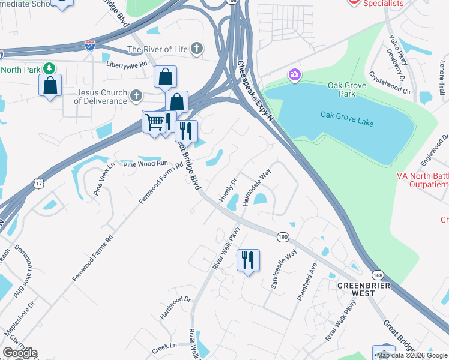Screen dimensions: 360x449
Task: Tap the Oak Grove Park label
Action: point(347,90)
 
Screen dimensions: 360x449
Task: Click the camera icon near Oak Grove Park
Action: point(294,75)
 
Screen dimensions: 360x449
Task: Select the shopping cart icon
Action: point(154,122)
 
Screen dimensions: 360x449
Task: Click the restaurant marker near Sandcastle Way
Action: point(248,260)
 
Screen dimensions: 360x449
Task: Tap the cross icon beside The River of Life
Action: point(197,49)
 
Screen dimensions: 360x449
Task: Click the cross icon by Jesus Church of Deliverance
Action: point(136,95)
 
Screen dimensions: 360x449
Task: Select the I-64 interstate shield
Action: point(89,46)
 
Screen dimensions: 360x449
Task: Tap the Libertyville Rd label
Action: point(127,64)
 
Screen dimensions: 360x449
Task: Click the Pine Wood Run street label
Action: point(145,163)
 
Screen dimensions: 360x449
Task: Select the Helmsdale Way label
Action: point(258,189)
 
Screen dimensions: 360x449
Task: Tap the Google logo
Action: point(20,353)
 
